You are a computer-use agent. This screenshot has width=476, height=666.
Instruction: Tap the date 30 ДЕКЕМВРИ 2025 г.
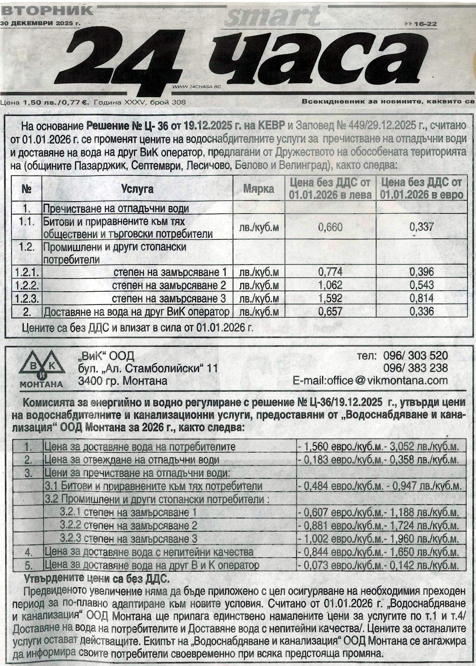tap(41, 23)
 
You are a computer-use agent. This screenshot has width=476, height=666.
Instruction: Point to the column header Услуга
tap(137, 189)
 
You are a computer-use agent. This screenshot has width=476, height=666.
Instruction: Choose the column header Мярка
tap(258, 189)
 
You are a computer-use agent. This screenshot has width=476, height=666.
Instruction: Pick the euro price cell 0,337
tap(421, 227)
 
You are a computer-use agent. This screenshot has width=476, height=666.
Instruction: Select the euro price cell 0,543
tap(421, 285)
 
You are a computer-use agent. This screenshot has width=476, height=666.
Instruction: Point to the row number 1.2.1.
tap(27, 272)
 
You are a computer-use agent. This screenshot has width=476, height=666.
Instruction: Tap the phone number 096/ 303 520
tap(415, 356)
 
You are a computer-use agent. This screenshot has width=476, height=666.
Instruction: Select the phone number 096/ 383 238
tap(415, 368)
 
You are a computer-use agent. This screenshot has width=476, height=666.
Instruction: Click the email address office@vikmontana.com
tap(370, 381)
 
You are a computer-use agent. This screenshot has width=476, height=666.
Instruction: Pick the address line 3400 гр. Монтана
tap(122, 381)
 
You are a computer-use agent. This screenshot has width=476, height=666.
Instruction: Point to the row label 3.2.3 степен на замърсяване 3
tap(128, 539)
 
